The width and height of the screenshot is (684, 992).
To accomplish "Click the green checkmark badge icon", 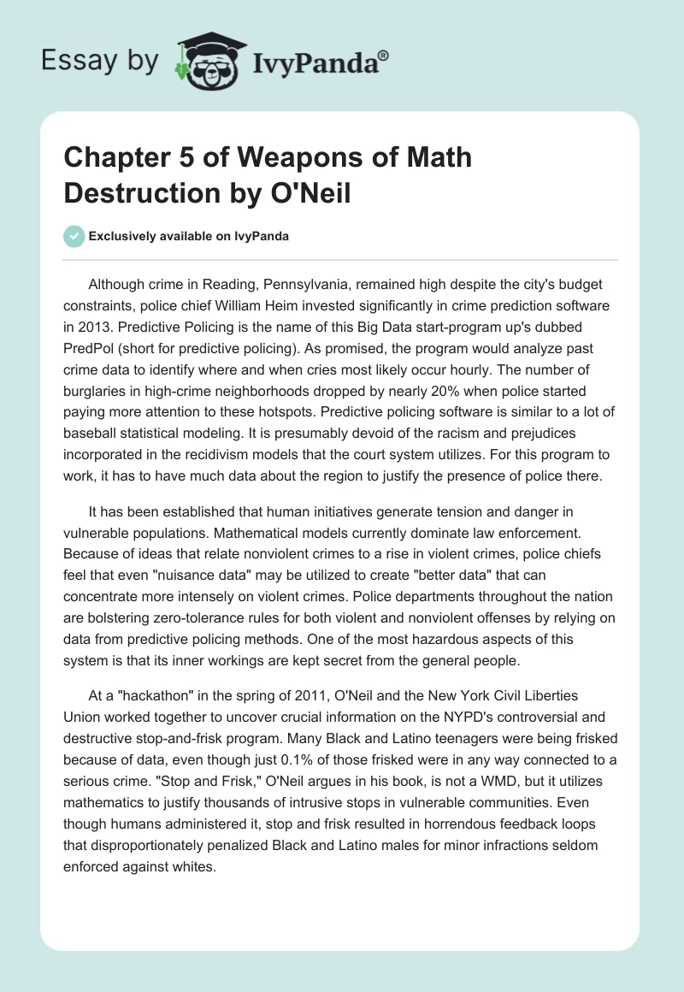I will pyautogui.click(x=74, y=236).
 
